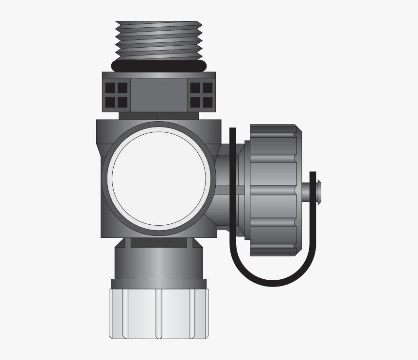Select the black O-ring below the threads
coord(159,66)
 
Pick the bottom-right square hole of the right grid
coord(208,103)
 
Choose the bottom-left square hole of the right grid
coord(196,103)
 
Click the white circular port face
coord(159,178)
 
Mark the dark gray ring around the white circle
coord(159,127)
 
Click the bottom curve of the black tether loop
coord(272,282)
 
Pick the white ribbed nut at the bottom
coord(159,314)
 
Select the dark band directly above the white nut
coord(159,284)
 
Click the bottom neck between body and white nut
coord(159,263)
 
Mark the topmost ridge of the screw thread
coord(159,23)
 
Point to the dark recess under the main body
coord(159,242)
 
